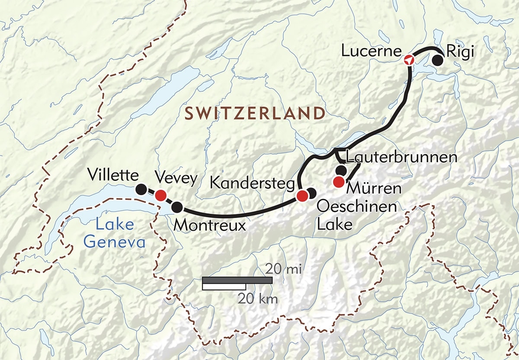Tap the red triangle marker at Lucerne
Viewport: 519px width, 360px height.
pos(409,60)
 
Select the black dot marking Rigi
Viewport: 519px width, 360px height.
pos(439,61)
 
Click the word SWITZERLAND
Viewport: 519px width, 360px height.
pos(255,113)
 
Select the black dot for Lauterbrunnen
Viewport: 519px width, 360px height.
pos(341,170)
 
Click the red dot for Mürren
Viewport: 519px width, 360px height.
pos(339,182)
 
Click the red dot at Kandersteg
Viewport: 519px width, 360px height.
pos(302,196)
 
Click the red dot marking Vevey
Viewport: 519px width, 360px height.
pos(161,195)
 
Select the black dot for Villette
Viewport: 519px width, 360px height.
pos(141,189)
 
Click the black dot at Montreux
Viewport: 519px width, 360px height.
pos(177,208)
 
